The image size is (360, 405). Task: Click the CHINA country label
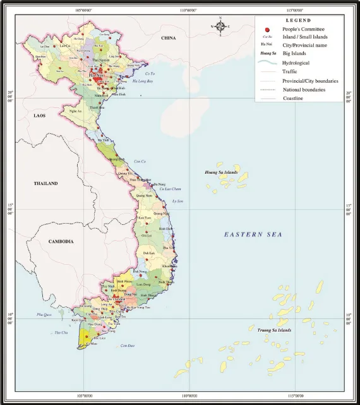click(168, 39)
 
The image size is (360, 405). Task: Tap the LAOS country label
click(40, 116)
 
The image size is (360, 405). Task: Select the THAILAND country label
click(45, 183)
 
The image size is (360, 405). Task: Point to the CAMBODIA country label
click(61, 241)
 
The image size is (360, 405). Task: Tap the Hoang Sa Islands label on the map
click(220, 172)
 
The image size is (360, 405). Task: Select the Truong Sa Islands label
click(275, 330)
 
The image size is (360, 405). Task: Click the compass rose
click(221, 27)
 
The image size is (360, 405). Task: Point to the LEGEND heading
click(299, 20)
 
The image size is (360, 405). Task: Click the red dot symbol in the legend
click(268, 29)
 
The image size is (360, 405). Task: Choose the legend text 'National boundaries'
click(304, 90)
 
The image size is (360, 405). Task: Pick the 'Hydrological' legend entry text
click(296, 63)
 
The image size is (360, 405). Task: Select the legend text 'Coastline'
click(294, 99)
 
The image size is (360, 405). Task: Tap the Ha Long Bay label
click(144, 82)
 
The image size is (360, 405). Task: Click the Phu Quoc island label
click(44, 314)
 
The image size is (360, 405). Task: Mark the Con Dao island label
click(128, 345)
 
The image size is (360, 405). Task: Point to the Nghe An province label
click(75, 111)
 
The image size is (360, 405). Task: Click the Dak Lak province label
click(149, 253)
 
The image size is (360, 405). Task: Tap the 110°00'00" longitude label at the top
click(189, 10)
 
